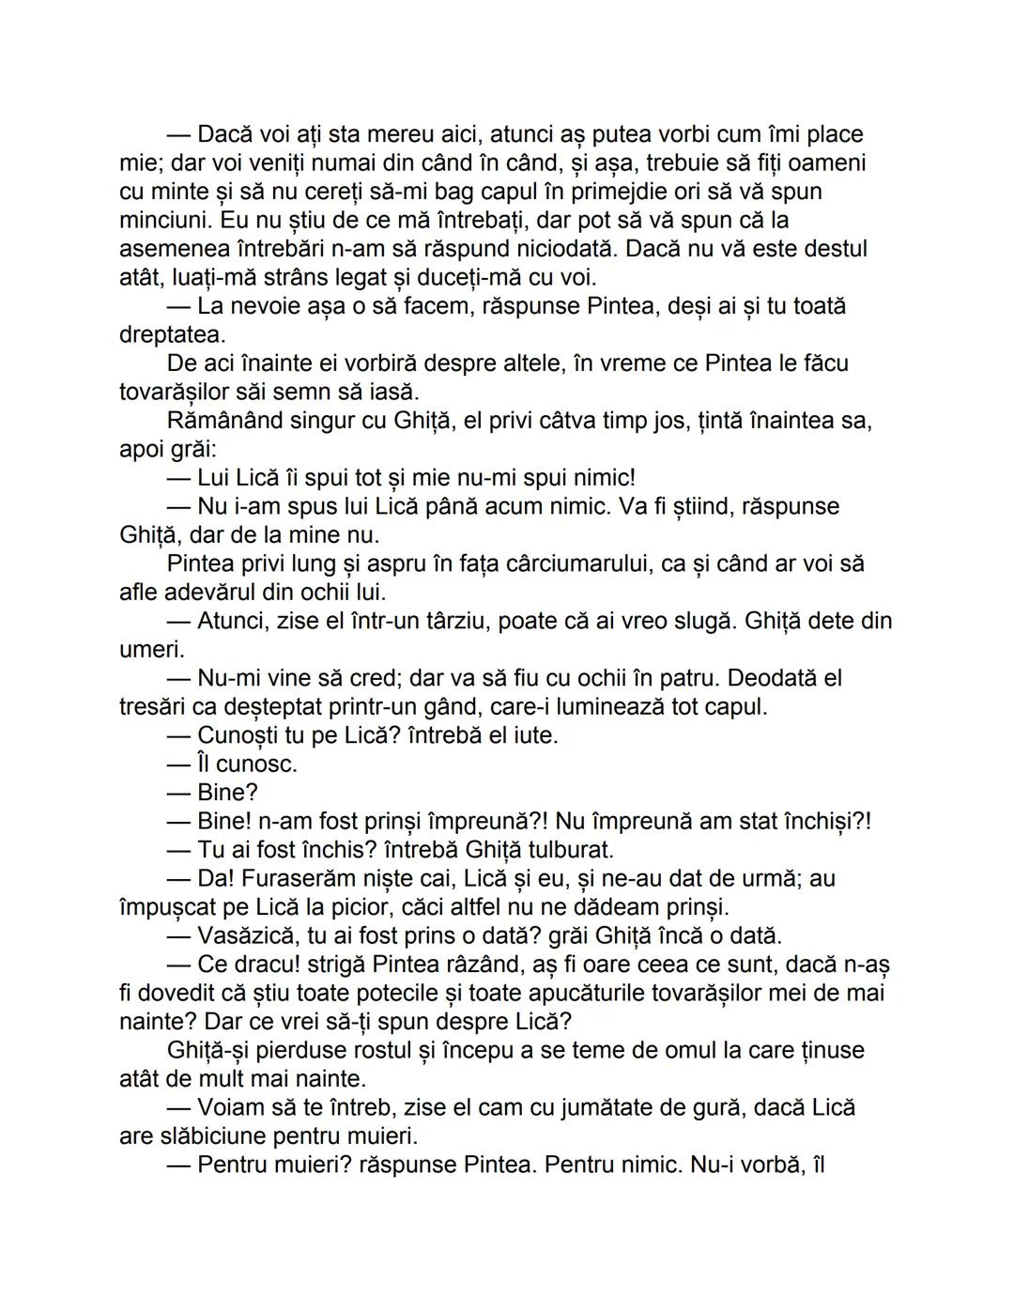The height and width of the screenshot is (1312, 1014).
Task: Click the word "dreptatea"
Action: pyautogui.click(x=172, y=335)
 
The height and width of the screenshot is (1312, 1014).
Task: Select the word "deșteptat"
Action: pyautogui.click(x=291, y=706)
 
